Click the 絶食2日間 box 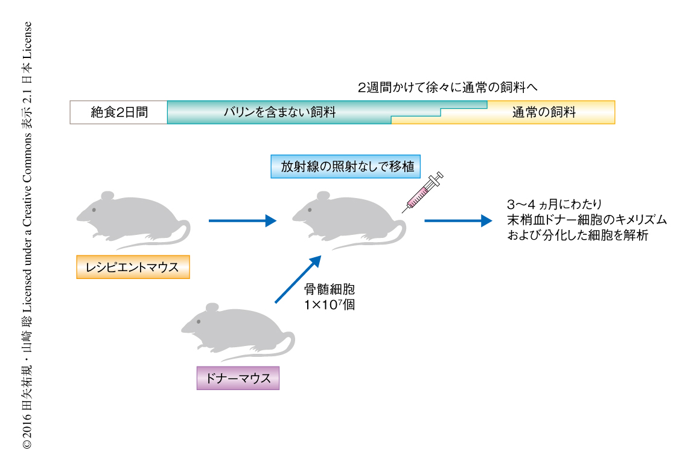pyautogui.click(x=119, y=112)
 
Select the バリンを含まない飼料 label pyautogui.click(x=279, y=112)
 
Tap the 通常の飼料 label pyautogui.click(x=544, y=112)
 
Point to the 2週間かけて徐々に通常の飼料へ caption pyautogui.click(x=447, y=88)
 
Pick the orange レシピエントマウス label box pyautogui.click(x=133, y=268)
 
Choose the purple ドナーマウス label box pyautogui.click(x=238, y=378)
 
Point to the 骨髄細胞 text pyautogui.click(x=330, y=289)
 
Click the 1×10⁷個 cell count pyautogui.click(x=330, y=305)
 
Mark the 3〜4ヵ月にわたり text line pyautogui.click(x=554, y=203)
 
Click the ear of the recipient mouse pyautogui.click(x=107, y=196)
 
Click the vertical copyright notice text pyautogui.click(x=27, y=235)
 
